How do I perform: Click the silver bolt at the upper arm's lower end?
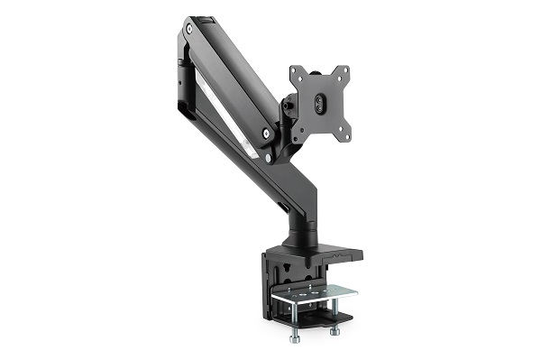pyautogui.click(x=266, y=133)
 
